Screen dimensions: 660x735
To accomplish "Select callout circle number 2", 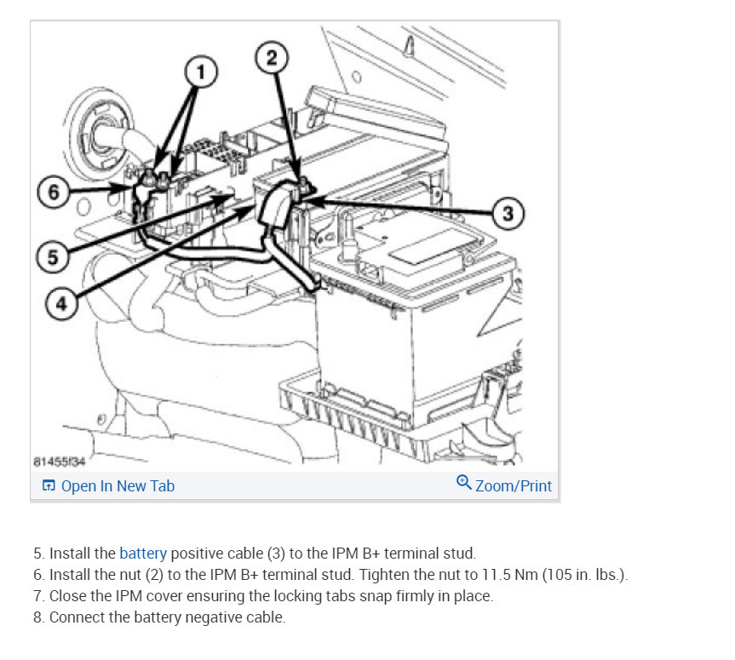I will pos(271,58).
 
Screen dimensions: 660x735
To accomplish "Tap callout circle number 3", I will pos(508,213).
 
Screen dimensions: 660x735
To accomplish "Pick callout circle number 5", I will pos(52,257).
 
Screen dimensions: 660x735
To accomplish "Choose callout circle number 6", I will pos(54,192).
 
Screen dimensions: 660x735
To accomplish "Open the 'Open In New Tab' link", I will pos(118,486).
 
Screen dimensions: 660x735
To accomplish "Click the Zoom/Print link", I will pos(514,486).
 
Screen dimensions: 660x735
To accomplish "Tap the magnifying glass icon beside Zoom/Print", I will pos(464,483).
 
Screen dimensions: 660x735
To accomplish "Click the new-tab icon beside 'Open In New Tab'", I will pos(49,486).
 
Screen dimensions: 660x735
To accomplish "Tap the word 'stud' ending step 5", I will pos(458,553).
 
